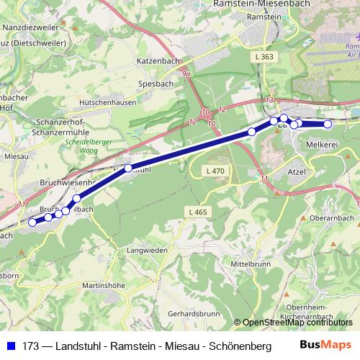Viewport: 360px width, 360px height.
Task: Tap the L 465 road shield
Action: tap(199, 212)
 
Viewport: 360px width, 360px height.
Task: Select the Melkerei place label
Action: tap(323, 145)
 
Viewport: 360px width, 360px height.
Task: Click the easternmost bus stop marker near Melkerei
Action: tap(328, 124)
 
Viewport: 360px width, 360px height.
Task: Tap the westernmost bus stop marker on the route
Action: tap(32, 222)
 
